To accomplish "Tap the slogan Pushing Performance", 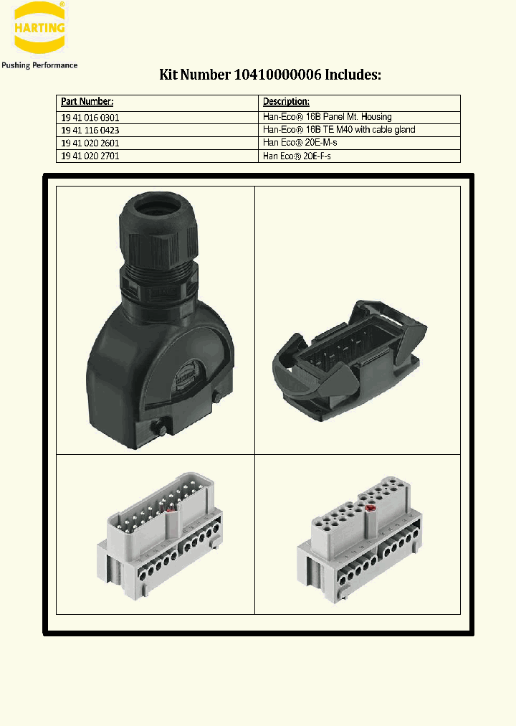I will pyautogui.click(x=39, y=65).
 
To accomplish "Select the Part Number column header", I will pyautogui.click(x=87, y=102).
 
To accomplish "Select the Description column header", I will pyautogui.click(x=286, y=102).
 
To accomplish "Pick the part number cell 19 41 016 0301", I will pyautogui.click(x=90, y=117).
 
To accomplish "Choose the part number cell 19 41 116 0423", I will pyautogui.click(x=90, y=130).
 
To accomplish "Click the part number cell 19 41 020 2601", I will pyautogui.click(x=90, y=143).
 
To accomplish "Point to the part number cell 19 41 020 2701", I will pyautogui.click(x=90, y=156).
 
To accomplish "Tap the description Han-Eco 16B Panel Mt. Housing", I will pyautogui.click(x=328, y=117).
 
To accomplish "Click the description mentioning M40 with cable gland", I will pyautogui.click(x=339, y=130).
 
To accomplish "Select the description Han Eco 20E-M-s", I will pyautogui.click(x=300, y=143).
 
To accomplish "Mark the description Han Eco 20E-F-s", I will pyautogui.click(x=297, y=156).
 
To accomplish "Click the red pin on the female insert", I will pyautogui.click(x=371, y=509).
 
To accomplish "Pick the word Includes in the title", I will pyautogui.click(x=353, y=75).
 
